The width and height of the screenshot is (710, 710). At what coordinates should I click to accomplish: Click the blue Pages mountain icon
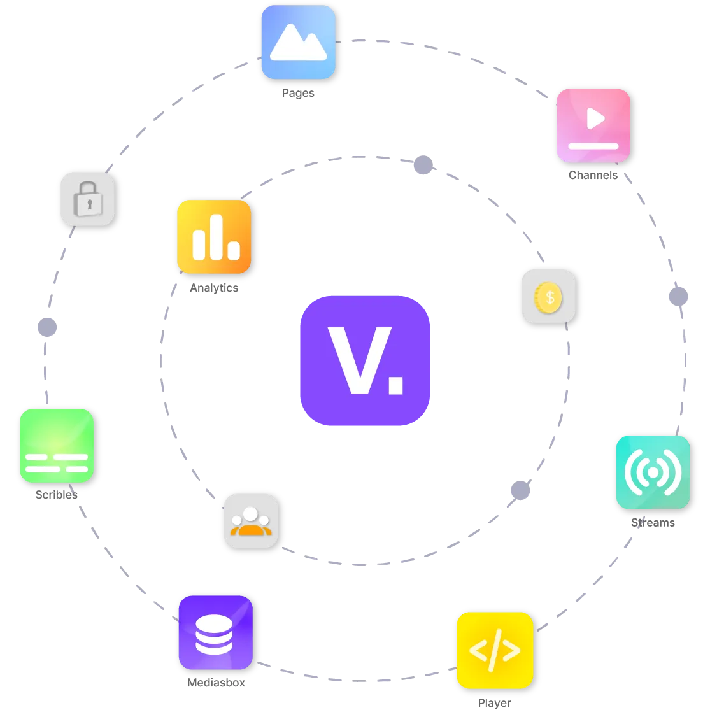299,42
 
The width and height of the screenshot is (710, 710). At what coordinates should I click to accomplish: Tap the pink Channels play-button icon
593,125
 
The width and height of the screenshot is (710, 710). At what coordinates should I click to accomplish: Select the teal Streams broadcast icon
653,472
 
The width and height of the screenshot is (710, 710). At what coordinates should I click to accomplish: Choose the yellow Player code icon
495,650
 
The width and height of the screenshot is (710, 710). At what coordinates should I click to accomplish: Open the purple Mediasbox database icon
215,632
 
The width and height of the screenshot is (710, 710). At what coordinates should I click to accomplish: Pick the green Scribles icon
57,446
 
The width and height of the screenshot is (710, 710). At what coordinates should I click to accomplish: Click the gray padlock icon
88,199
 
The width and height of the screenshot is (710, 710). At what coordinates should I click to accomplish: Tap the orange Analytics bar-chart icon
214,236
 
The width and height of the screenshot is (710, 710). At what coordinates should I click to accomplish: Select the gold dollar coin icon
548,297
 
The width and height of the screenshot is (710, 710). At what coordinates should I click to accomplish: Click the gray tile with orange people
251,521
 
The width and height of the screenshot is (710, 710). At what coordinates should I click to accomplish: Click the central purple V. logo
365,361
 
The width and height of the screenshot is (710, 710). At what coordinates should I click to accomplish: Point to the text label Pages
298,93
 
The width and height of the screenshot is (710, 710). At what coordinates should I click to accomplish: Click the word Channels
593,175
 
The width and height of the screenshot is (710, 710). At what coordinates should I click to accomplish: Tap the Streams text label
653,523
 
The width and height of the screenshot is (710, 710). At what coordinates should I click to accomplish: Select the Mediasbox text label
216,683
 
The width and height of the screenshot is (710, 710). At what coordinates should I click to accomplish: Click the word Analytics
214,288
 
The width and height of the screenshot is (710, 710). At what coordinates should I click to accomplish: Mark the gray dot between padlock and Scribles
47,327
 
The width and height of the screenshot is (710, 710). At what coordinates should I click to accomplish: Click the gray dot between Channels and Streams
678,297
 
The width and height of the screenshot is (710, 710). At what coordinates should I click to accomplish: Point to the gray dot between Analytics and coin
423,165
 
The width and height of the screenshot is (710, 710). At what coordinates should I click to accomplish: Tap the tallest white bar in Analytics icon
217,237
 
